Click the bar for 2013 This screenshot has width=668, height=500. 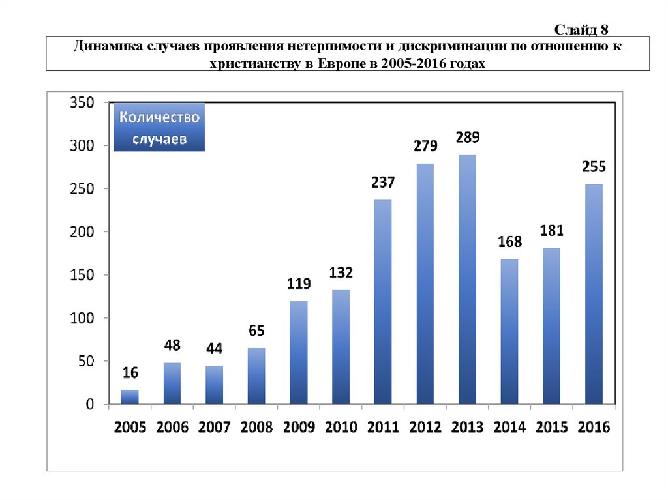tap(467, 280)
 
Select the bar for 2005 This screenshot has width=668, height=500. tap(130, 397)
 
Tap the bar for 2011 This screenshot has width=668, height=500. tap(383, 302)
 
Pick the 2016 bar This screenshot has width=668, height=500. tap(594, 295)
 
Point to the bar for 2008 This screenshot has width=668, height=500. tap(256, 376)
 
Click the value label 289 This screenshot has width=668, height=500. tap(467, 138)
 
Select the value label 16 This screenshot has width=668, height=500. tap(130, 373)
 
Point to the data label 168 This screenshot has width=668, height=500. tap(509, 242)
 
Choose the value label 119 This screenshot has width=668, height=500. tap(299, 284)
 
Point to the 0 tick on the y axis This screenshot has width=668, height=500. tap(90, 404)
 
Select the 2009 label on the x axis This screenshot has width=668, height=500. tap(299, 427)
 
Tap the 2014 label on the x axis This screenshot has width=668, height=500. tap(509, 427)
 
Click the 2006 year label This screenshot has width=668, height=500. tap(172, 427)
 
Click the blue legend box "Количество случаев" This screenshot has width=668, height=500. tap(159, 128)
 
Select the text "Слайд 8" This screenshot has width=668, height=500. tap(581, 29)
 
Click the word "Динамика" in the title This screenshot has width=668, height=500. tap(104, 47)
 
